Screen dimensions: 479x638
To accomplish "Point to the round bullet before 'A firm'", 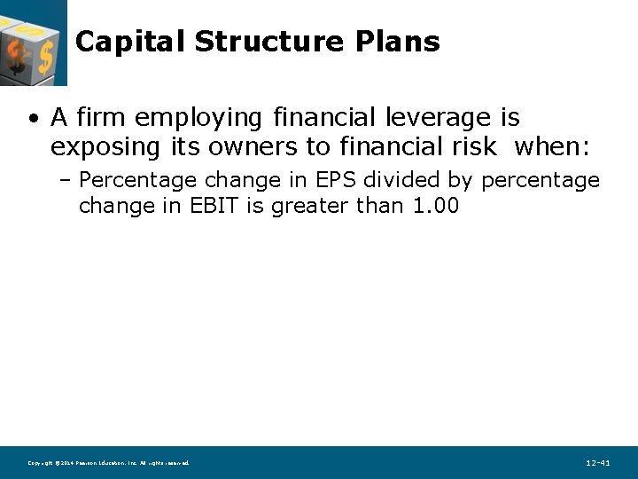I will (x=32, y=118).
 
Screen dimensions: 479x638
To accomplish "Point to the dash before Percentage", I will (x=66, y=181).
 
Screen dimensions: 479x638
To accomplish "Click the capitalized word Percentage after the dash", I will (x=137, y=181).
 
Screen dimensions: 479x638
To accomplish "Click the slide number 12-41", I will (x=598, y=463).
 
